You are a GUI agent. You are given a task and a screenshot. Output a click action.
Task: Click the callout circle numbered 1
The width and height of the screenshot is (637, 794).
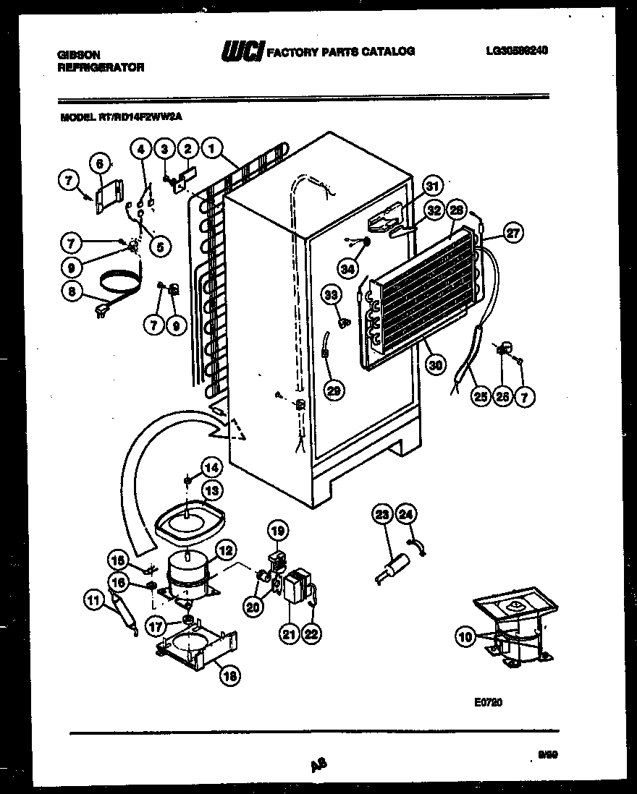click(211, 148)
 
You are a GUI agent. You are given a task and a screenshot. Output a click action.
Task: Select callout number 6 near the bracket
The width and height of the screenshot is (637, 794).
click(100, 164)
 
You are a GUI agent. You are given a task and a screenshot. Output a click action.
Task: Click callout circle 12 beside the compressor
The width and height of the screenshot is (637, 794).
click(226, 551)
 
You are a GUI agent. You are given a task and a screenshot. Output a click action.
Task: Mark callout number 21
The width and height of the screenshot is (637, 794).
click(290, 634)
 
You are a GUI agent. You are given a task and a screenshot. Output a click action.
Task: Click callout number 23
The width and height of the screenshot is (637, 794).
click(381, 515)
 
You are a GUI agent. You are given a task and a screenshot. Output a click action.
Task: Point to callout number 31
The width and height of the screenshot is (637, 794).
click(432, 186)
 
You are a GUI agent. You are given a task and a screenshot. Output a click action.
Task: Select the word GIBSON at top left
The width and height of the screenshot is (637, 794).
click(79, 54)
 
